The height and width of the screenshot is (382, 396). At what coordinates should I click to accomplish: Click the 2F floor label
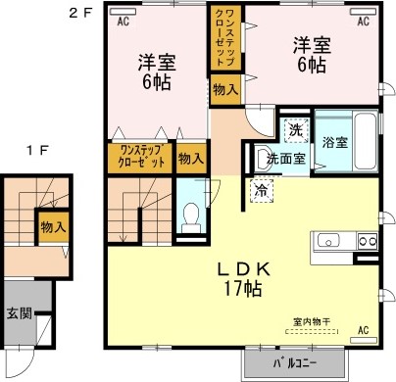[x=79, y=13]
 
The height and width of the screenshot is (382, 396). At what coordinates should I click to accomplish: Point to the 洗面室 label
[x=282, y=157]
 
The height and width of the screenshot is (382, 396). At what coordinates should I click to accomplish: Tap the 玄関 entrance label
[x=19, y=313]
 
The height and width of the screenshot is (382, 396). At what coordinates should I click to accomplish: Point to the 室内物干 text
[x=311, y=321]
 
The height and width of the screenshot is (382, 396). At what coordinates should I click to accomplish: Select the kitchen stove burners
[x=366, y=241]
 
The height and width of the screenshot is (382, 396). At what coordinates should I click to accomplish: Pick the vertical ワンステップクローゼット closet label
[x=223, y=43]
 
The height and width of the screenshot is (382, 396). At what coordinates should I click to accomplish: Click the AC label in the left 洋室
[x=124, y=20]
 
